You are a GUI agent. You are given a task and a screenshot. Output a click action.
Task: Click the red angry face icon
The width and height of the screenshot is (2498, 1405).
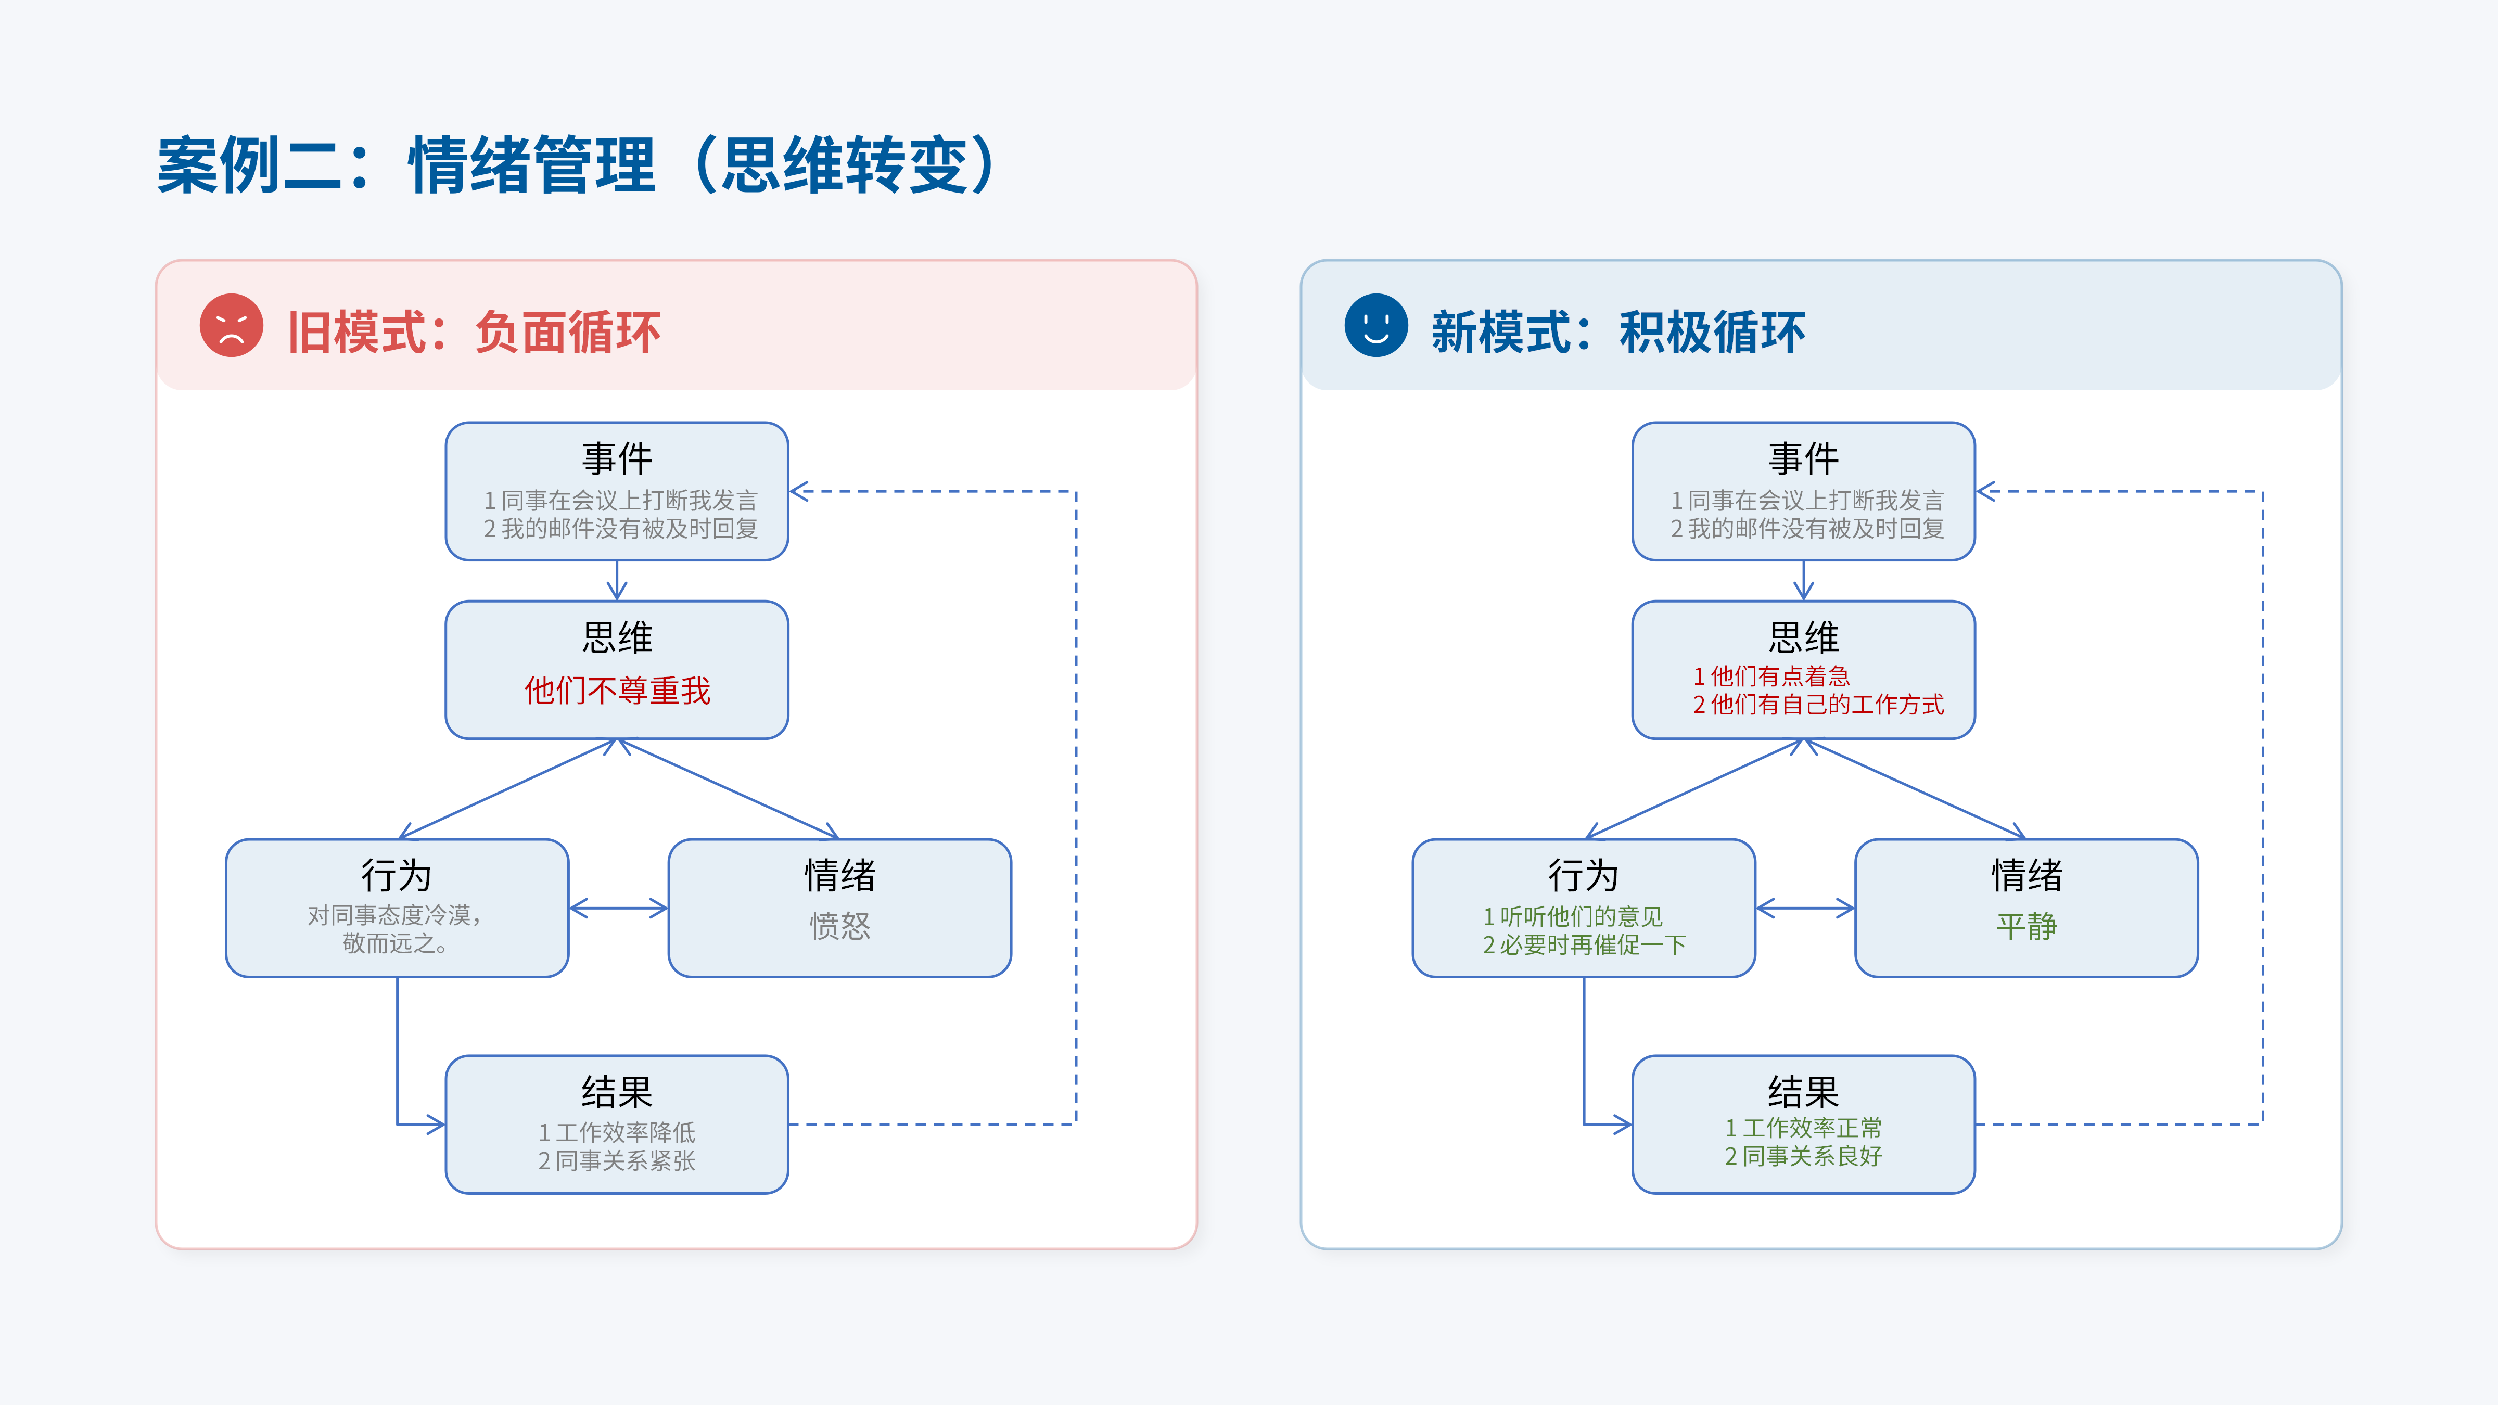coord(231,326)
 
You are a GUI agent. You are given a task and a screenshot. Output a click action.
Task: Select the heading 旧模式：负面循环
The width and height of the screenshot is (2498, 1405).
coord(473,333)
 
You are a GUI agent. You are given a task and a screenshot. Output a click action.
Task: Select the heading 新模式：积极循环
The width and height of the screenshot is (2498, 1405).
coord(1617,333)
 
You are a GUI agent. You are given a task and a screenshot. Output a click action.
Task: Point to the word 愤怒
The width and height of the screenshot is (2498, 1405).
coord(840,926)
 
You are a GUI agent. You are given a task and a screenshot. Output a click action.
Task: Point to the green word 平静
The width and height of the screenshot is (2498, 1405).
coord(2026,926)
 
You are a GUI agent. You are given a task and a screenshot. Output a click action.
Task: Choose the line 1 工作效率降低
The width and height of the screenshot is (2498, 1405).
coord(617,1132)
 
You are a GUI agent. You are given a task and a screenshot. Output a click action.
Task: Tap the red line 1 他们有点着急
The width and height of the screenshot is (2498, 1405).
coord(1770,676)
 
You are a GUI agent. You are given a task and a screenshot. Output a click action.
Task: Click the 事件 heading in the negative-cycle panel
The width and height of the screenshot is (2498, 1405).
coord(617,458)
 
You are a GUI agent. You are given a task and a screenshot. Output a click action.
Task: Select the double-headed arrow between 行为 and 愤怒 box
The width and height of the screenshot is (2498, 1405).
coord(619,909)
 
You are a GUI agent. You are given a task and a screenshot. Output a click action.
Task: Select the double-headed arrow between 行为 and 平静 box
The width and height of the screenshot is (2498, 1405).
coord(1805,909)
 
